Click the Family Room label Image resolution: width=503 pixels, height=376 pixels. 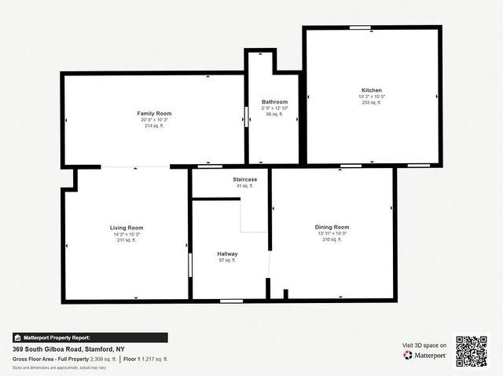point(154,114)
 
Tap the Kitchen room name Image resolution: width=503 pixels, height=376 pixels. point(372,90)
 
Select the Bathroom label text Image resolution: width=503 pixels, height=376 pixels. point(274,102)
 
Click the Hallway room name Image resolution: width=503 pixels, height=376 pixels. point(227,254)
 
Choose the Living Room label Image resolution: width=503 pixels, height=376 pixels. point(126,228)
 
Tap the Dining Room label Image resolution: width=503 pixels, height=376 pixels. point(332,228)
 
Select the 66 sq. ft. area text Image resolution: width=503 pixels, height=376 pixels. point(274,114)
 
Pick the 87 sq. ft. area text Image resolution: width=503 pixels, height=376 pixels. point(227,261)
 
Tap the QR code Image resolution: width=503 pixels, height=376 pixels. point(472,351)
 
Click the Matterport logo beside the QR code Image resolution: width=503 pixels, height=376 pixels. point(425,355)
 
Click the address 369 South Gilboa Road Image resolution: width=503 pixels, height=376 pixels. point(68,349)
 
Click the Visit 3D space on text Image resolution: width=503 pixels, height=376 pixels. point(424,345)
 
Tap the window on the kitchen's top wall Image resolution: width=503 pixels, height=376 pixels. point(361,28)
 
